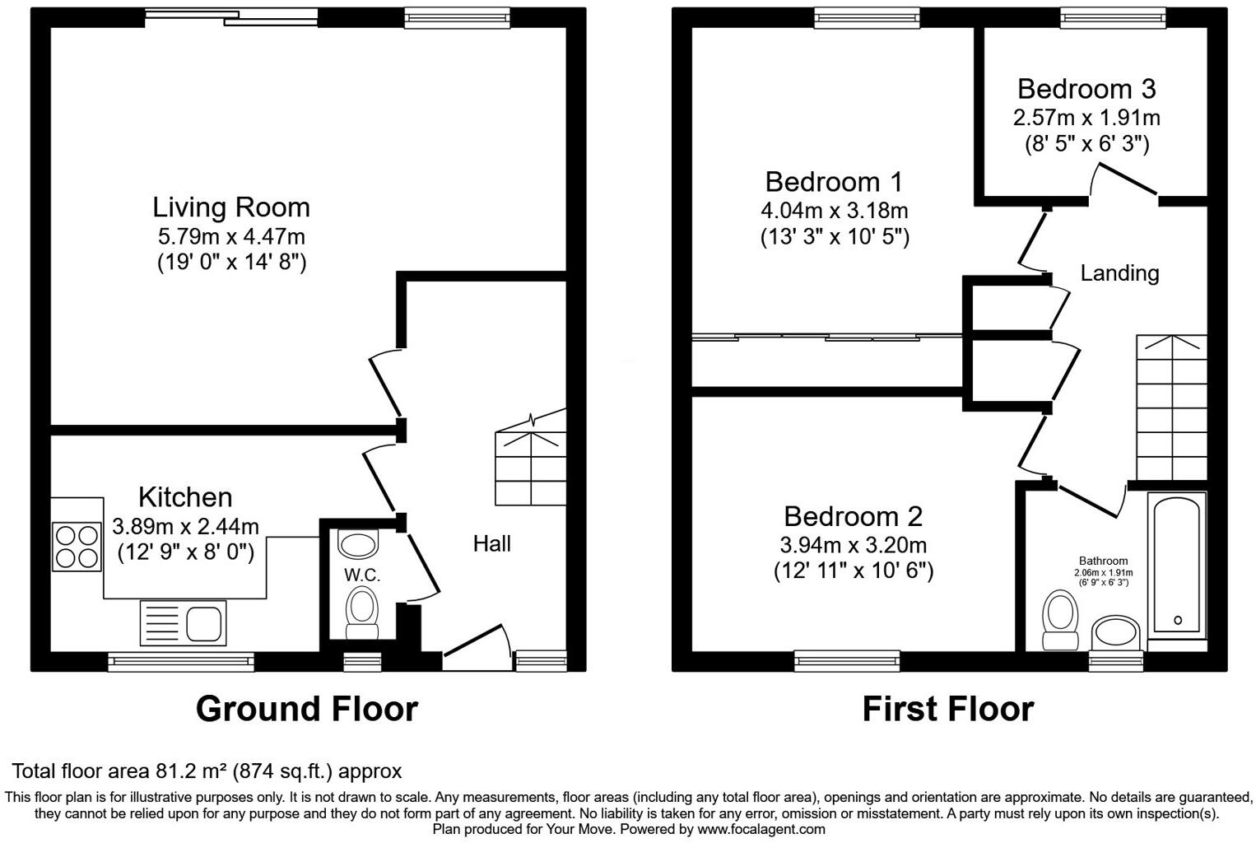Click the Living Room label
click(231, 207)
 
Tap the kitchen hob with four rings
click(77, 547)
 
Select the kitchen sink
click(183, 622)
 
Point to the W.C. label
click(361, 575)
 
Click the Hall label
click(491, 543)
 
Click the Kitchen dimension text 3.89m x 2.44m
click(185, 526)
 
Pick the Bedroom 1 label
click(833, 181)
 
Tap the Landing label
click(1119, 273)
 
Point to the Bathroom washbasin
click(1115, 633)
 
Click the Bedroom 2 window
click(847, 659)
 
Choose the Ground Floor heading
click(306, 709)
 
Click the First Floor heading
click(947, 709)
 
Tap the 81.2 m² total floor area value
click(192, 771)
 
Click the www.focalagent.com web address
click(761, 829)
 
